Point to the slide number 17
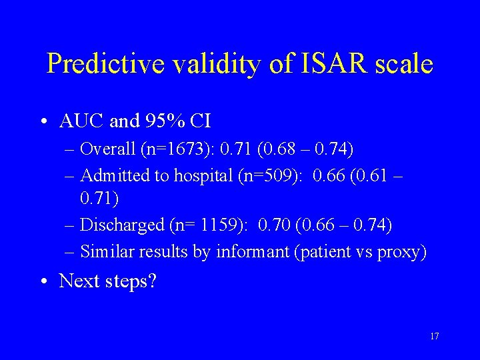434,337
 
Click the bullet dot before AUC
43,122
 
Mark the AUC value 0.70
270,225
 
